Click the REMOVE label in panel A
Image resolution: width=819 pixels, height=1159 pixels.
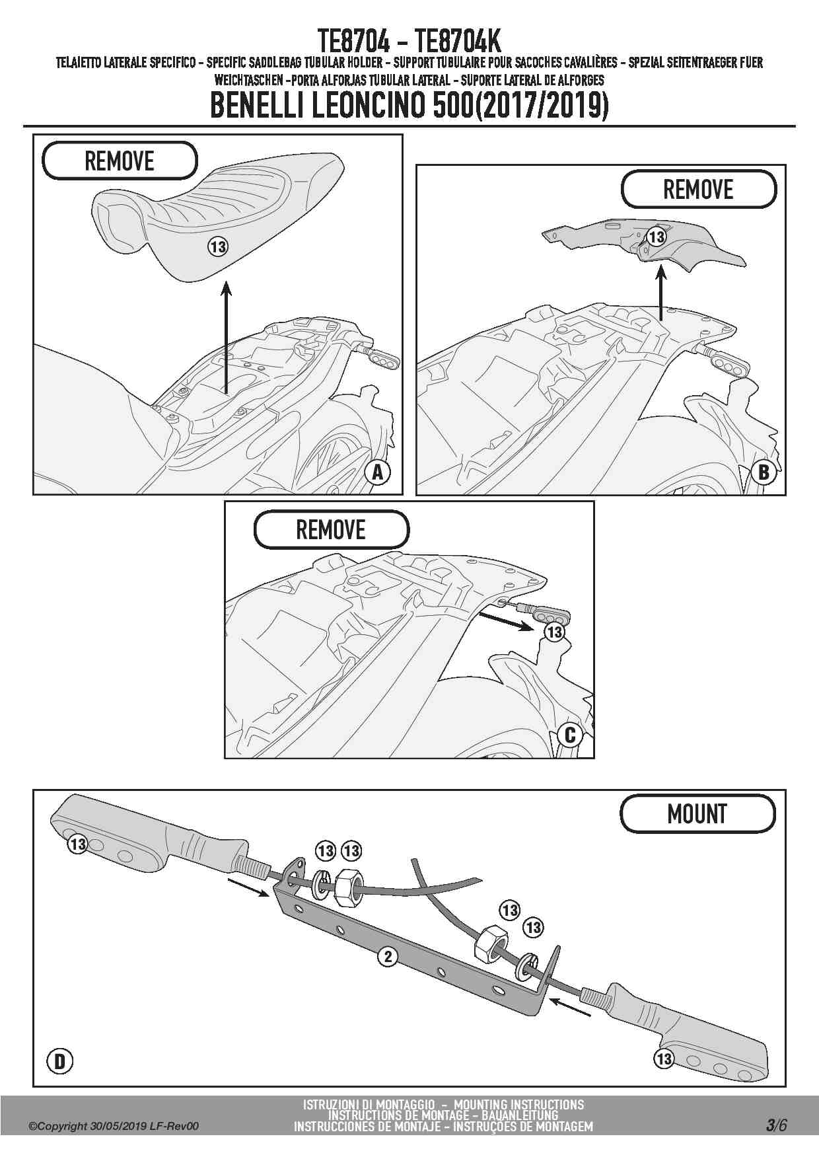click(120, 161)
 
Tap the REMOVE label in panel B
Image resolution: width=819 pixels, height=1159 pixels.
click(698, 190)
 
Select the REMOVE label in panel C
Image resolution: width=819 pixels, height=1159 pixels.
click(330, 530)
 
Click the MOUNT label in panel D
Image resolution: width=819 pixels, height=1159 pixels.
click(697, 814)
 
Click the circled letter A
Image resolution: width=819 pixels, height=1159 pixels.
click(378, 472)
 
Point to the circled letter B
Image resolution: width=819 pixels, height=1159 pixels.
click(764, 472)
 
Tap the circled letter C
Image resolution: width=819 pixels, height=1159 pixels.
click(570, 735)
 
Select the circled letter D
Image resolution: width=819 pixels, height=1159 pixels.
click(59, 1061)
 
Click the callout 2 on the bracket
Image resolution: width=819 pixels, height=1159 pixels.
click(388, 956)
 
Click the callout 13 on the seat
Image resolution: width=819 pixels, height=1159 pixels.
click(218, 247)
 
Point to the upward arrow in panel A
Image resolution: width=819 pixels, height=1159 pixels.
click(226, 337)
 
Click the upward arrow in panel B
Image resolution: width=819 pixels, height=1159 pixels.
click(661, 291)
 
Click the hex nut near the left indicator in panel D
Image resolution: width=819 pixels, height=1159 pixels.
click(346, 890)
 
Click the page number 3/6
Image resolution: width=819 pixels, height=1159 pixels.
click(776, 1125)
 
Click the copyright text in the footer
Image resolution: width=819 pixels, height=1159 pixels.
click(113, 1127)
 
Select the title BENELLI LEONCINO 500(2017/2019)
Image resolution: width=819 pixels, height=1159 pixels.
click(409, 106)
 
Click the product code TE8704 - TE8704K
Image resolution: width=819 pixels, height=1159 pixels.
click(409, 41)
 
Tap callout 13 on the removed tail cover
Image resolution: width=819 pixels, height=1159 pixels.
click(656, 237)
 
